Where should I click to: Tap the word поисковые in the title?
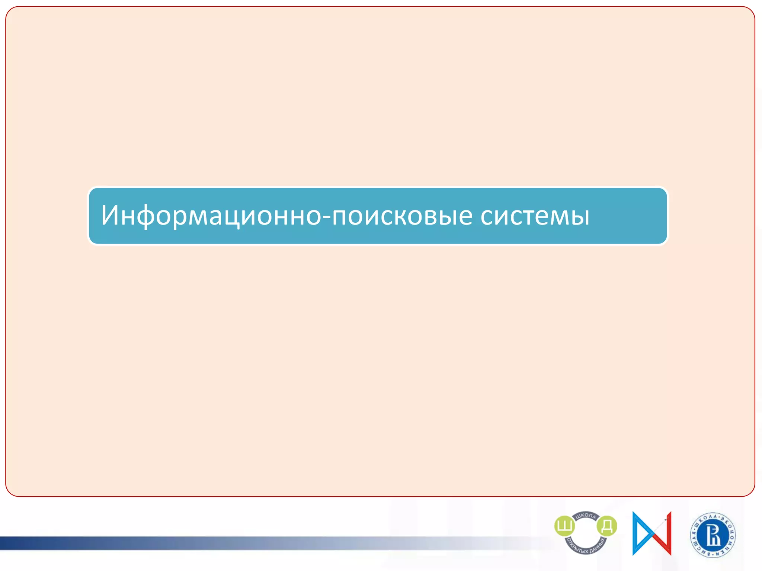tap(402, 216)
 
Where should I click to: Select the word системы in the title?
tap(535, 216)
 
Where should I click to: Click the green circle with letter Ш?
tap(564, 526)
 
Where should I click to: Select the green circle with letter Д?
tap(607, 526)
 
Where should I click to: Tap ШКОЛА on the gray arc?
tap(586, 516)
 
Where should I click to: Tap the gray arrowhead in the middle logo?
tap(666, 519)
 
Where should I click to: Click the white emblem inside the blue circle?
tap(713, 536)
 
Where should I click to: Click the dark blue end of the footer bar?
tap(11, 543)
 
